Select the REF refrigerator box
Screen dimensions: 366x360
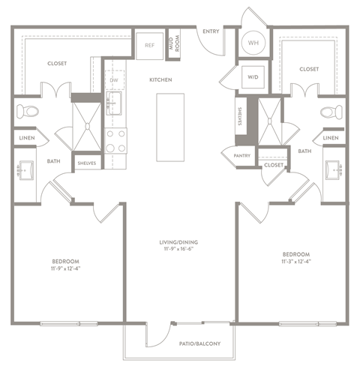pos(149,45)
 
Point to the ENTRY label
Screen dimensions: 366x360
pos(211,31)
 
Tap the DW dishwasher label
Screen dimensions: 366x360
pos(114,79)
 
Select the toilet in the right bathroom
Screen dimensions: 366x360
pos(331,113)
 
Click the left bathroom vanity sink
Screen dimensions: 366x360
pos(25,171)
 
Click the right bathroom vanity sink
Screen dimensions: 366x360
pos(334,171)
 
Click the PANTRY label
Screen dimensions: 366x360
pos(230,156)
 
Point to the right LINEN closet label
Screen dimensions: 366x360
pos(330,138)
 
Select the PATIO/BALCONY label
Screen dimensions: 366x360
pos(199,343)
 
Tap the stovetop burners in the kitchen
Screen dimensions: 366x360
pos(115,140)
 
